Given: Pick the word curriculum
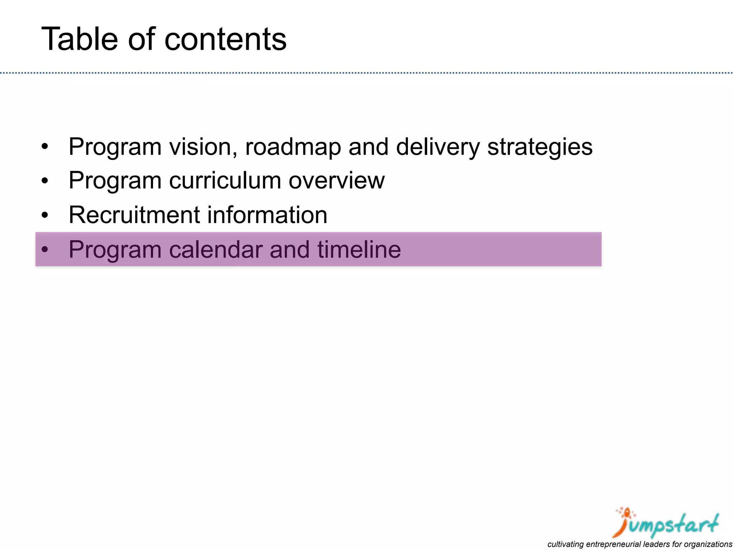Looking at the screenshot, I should (x=225, y=180).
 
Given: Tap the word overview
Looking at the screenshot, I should (x=336, y=180).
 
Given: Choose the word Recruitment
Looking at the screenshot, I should (x=134, y=215).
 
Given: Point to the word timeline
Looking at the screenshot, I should (x=359, y=249).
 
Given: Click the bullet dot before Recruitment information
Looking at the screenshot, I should (x=44, y=216).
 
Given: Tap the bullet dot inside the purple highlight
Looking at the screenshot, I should (x=44, y=250).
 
